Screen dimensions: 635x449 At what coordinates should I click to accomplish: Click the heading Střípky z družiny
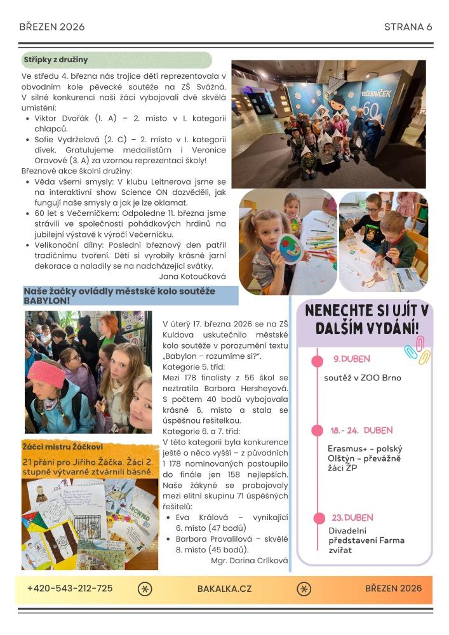(56, 60)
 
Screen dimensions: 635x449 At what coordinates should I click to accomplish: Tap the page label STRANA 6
(408, 27)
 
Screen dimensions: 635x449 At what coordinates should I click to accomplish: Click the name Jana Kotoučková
(191, 276)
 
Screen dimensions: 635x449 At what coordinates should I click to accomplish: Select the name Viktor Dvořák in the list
(63, 118)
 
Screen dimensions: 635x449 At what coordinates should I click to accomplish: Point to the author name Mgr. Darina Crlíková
(249, 560)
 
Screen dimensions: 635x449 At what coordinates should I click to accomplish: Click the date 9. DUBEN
(351, 359)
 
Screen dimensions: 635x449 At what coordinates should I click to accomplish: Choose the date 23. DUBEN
(352, 518)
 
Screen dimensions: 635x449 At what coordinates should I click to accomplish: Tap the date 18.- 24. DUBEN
(361, 430)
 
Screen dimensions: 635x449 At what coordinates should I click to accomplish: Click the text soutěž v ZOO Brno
(362, 378)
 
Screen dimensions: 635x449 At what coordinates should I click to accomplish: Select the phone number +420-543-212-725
(70, 589)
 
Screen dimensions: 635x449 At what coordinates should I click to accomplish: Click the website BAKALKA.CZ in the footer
(224, 589)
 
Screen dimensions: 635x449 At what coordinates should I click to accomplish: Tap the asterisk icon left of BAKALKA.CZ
(145, 589)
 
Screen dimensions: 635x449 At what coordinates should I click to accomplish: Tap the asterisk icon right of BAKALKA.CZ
(304, 589)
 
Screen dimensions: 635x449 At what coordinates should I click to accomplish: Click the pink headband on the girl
(46, 373)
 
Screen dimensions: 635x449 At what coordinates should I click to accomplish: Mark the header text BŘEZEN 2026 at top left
(52, 27)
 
